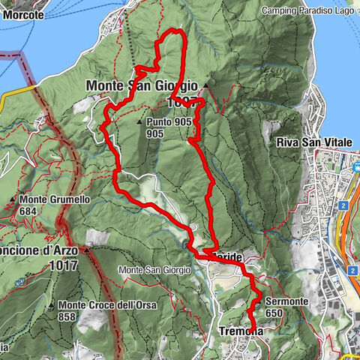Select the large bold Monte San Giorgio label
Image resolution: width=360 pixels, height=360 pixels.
(141, 85)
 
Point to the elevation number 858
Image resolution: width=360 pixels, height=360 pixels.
(68, 316)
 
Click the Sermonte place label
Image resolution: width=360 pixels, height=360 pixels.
(285, 301)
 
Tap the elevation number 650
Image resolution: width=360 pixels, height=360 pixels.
(275, 313)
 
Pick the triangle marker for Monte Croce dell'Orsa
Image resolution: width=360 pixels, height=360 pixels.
(51, 305)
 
